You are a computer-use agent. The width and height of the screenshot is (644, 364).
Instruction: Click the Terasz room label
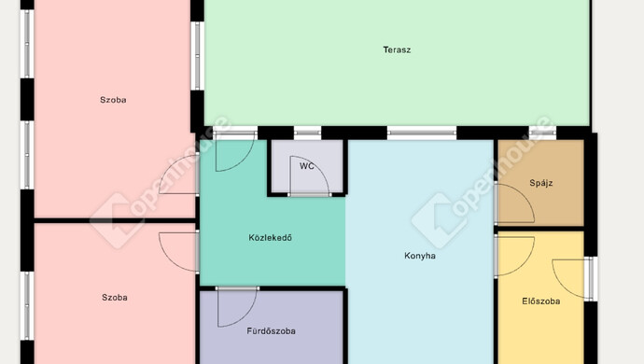397,49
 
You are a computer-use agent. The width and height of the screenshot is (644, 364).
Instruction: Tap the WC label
307,166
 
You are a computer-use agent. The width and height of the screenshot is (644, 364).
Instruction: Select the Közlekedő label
271,237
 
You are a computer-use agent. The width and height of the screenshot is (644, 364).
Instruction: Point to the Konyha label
420,256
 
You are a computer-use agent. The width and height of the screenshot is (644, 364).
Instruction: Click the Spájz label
541,183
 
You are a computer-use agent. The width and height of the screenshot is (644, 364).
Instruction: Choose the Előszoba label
541,301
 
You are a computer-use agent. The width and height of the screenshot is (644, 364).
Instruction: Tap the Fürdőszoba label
271,330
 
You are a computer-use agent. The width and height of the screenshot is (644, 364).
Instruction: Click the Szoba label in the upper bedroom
113,100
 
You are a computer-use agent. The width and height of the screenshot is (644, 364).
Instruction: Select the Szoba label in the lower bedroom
115,297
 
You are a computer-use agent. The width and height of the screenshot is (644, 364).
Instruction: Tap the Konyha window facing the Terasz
422,133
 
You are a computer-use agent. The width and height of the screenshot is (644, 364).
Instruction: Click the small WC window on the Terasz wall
307,133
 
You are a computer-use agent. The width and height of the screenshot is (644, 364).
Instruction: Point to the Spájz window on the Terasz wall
542,133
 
